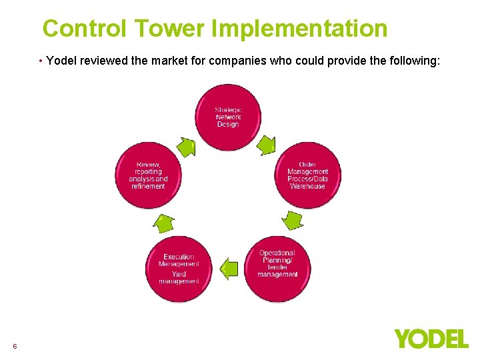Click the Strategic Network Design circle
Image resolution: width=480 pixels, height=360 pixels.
[228, 117]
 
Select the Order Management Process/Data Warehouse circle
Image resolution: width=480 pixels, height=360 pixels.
[307, 175]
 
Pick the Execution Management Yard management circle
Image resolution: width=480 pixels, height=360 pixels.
[179, 269]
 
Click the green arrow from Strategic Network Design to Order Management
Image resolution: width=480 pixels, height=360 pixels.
[267, 144]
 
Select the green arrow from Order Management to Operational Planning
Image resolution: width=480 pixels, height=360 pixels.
[292, 219]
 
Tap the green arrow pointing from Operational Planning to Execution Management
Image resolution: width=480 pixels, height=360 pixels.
[229, 268]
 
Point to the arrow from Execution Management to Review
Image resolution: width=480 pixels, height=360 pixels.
[164, 222]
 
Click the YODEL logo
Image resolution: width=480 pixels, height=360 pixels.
[431, 339]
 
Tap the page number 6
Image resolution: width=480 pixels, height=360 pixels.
[15, 346]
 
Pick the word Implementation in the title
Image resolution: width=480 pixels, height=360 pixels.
[299, 29]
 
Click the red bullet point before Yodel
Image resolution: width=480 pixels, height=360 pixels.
[41, 61]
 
